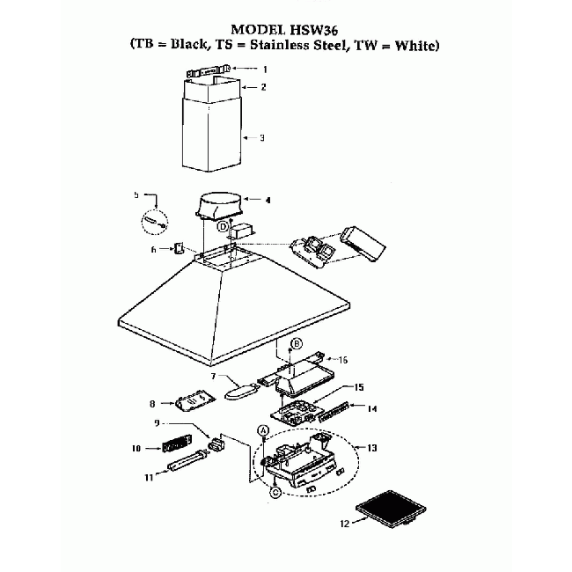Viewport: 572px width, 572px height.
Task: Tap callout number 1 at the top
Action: tap(263, 69)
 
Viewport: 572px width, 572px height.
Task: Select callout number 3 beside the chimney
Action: tap(261, 138)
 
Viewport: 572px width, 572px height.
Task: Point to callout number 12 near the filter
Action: tap(344, 523)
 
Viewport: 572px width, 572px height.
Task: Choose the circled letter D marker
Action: tap(224, 227)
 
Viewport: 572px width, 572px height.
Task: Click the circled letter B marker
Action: tap(297, 342)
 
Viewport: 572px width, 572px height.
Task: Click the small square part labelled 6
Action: tap(179, 249)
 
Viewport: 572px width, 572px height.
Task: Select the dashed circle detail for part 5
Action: tap(156, 220)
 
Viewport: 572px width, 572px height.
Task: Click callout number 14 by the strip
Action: tap(372, 408)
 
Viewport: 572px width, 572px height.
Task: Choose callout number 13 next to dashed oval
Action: tap(372, 448)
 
